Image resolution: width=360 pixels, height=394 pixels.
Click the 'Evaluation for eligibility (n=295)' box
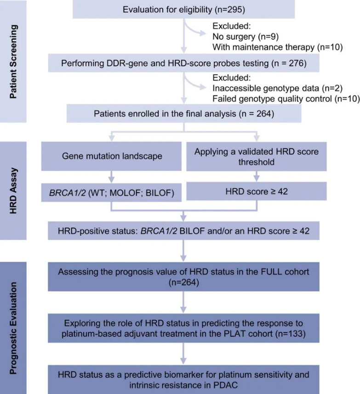(183, 9)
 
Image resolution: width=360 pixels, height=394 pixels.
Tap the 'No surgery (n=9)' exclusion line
(246, 37)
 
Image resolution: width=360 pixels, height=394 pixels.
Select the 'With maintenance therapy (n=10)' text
(278, 47)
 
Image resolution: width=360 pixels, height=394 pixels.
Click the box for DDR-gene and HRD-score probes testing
(183, 63)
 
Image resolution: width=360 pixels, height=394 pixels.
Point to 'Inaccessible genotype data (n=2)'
(278, 88)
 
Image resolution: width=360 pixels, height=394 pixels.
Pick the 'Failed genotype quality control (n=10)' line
(286, 99)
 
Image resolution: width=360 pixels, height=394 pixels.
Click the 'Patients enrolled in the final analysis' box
(183, 113)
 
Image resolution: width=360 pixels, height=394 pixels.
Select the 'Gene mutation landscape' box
(111, 156)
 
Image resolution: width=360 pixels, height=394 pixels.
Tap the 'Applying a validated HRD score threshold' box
(257, 157)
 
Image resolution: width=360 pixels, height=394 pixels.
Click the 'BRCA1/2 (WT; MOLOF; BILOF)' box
(111, 193)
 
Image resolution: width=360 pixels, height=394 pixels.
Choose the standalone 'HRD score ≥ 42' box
(257, 191)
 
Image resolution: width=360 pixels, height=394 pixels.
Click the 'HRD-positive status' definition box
(183, 231)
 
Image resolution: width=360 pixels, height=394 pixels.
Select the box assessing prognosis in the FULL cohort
(183, 277)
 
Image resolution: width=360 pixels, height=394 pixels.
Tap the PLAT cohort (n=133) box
(183, 328)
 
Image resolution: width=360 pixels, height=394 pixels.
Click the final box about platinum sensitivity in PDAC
(183, 380)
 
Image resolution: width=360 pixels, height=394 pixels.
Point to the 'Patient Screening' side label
(14, 62)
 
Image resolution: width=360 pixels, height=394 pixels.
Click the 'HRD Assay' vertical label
(14, 191)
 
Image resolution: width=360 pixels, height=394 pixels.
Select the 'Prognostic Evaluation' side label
(14, 328)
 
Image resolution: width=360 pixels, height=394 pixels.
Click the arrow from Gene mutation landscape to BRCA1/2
(111, 177)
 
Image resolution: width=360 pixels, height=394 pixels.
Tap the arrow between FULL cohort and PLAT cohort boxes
(183, 302)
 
